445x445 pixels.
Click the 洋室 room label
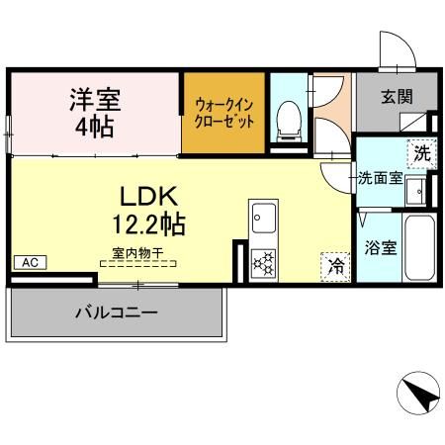(x=94, y=100)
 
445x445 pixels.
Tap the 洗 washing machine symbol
(x=421, y=154)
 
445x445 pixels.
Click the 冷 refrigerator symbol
(x=336, y=265)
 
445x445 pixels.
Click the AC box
(x=29, y=262)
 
